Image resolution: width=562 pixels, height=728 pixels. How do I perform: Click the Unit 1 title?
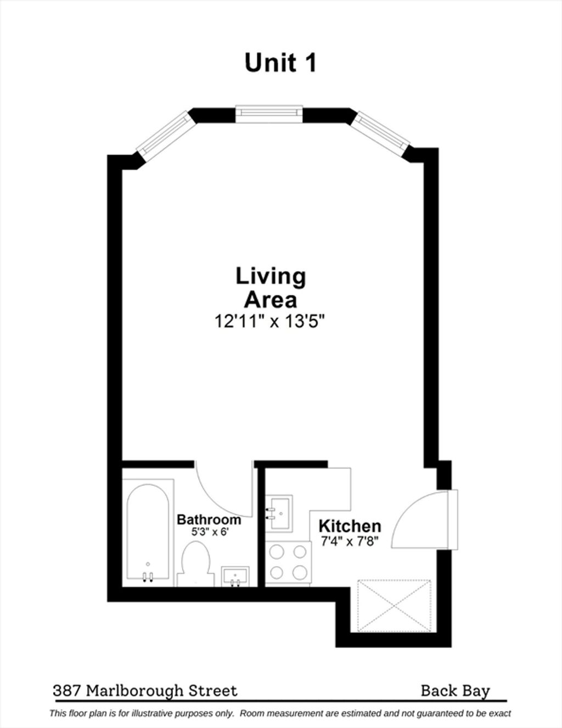click(280, 63)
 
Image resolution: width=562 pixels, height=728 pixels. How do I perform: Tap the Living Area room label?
click(271, 287)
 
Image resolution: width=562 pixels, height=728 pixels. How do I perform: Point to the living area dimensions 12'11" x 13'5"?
click(270, 321)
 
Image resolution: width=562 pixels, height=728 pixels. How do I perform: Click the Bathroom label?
click(209, 519)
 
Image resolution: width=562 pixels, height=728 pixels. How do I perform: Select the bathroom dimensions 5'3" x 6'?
click(209, 532)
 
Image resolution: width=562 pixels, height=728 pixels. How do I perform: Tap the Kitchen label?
click(350, 527)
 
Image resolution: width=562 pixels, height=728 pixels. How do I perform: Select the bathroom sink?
click(235, 576)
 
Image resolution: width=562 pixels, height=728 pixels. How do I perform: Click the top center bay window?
click(269, 115)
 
